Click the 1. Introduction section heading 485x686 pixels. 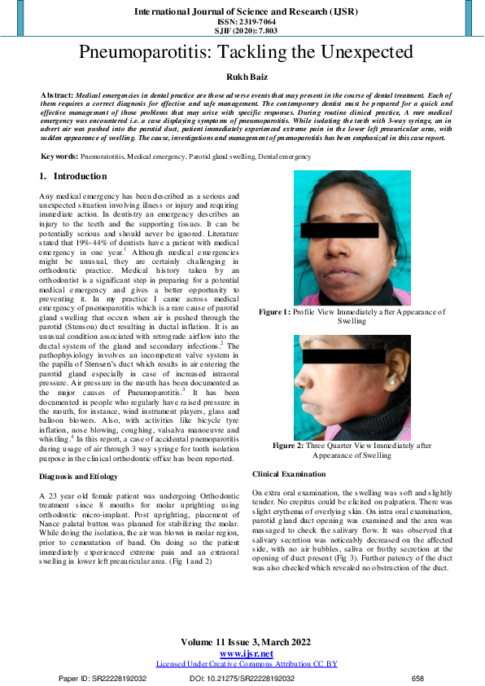pyautogui.click(x=73, y=177)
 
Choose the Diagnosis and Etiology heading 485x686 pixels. pyautogui.click(x=83, y=476)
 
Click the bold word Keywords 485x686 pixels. pyautogui.click(x=60, y=155)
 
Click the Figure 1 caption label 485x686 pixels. pyautogui.click(x=275, y=312)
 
